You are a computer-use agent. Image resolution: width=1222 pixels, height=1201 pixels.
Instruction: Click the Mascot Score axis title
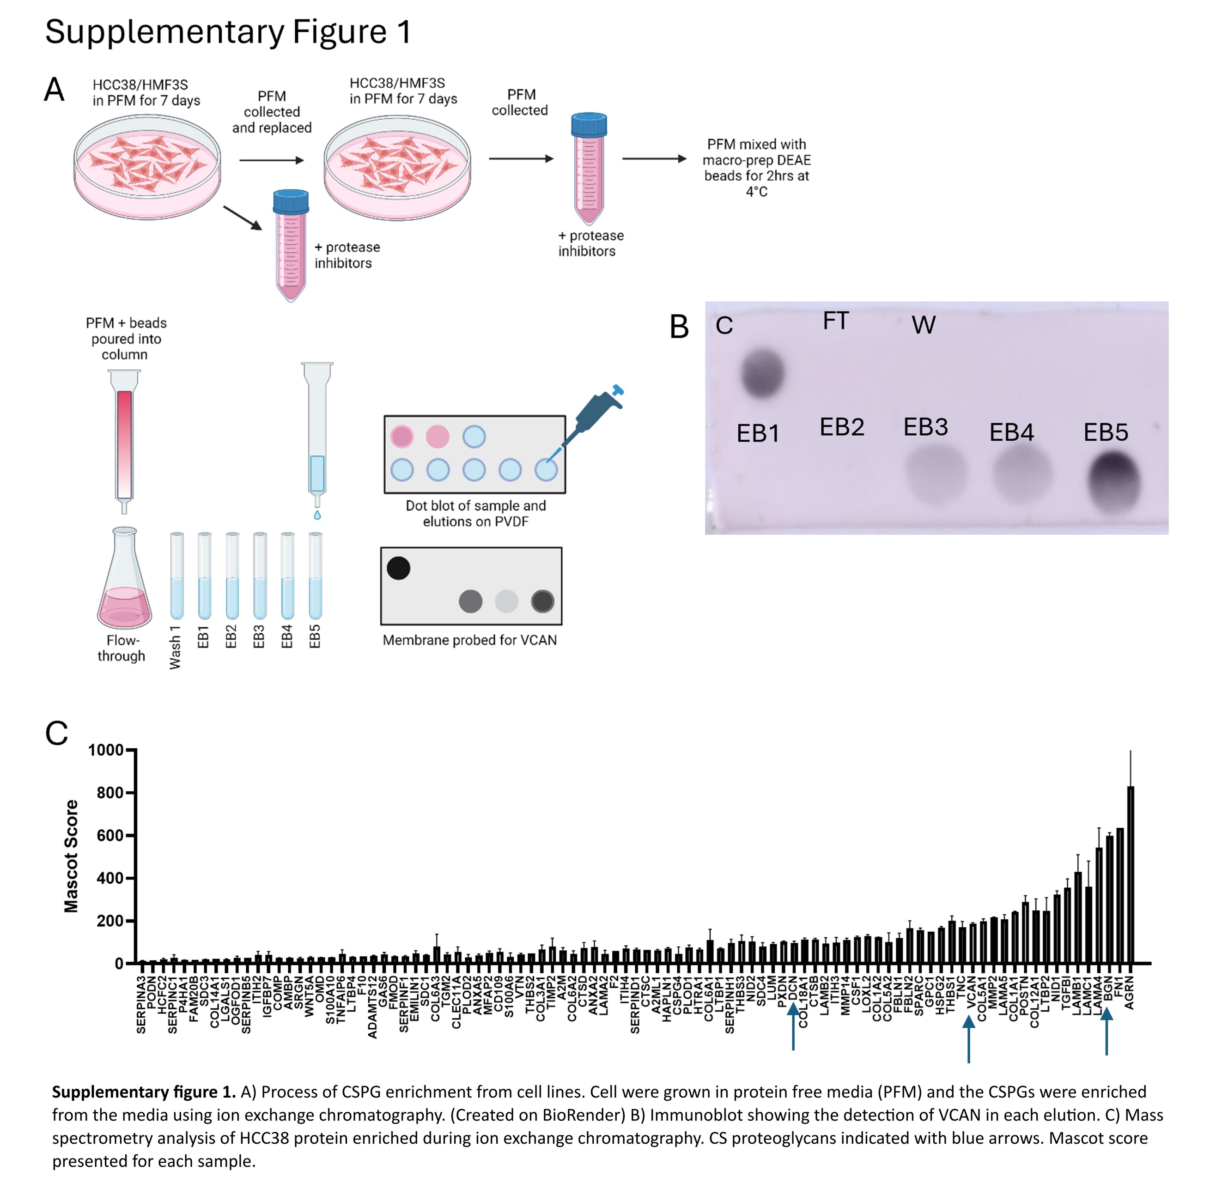click(x=71, y=856)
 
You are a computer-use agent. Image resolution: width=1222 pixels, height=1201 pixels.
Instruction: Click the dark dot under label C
click(x=762, y=373)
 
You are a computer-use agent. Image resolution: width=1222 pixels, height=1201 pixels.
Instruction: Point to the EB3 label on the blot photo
click(x=925, y=427)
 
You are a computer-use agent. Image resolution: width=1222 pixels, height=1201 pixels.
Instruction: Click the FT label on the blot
click(x=835, y=321)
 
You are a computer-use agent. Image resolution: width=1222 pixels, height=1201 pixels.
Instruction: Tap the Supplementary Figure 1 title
click(x=228, y=31)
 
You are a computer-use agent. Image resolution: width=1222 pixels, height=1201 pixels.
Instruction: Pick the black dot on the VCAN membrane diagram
click(x=398, y=568)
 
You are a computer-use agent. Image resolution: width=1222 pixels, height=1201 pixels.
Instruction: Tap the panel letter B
click(x=679, y=327)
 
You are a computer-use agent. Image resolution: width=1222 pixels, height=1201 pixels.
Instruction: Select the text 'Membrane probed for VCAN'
click(x=469, y=640)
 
